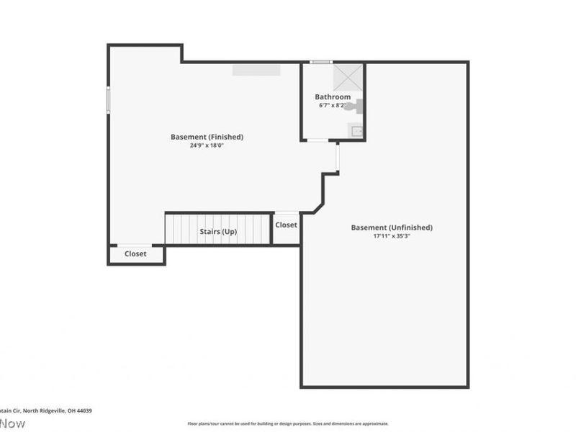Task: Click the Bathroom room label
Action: tap(333, 96)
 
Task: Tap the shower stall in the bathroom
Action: tap(349, 78)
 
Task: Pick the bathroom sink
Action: tap(356, 130)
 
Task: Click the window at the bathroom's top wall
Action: tap(321, 63)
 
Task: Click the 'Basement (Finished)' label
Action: tap(207, 137)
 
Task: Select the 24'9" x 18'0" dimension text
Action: tap(207, 145)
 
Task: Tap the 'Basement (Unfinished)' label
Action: tap(392, 228)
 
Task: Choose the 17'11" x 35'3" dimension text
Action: tap(392, 235)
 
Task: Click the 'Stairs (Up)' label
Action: tap(218, 232)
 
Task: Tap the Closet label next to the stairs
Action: tap(286, 225)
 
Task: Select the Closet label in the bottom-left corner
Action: tap(135, 253)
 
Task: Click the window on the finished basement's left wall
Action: tap(109, 99)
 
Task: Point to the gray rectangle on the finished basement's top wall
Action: tap(256, 69)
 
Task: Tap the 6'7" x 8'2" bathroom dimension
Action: tap(333, 105)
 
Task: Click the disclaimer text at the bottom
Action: tap(288, 423)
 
